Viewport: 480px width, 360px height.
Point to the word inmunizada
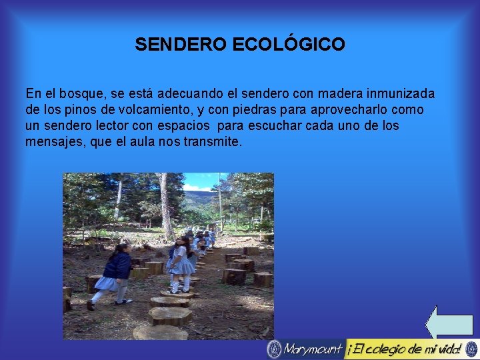click(399, 94)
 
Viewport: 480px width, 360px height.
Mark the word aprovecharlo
click(353, 110)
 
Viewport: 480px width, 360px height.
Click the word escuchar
click(281, 126)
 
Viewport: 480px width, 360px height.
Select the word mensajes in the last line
click(53, 141)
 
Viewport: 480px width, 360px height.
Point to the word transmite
click(211, 141)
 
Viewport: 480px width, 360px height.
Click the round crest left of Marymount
click(273, 349)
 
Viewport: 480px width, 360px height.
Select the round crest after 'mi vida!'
click(471, 349)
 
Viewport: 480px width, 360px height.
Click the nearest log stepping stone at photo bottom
click(160, 332)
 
